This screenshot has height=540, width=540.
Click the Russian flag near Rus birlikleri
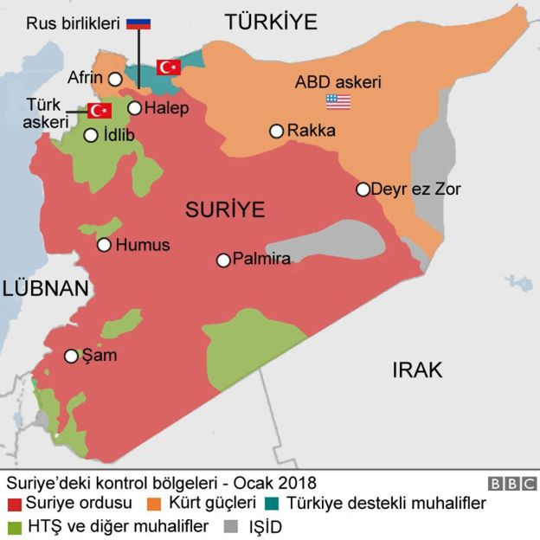pos(138,23)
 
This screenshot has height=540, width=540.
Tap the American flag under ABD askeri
pos(337,102)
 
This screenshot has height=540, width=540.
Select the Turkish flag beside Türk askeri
pos(100,111)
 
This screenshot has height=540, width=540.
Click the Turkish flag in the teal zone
pos(168,67)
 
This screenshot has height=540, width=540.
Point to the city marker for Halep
pos(134,108)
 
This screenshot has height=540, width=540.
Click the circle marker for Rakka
pos(276,132)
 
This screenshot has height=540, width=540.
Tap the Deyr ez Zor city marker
pos(363,189)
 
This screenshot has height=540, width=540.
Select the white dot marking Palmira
pos(223,260)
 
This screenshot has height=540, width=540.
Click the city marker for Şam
pos(72,356)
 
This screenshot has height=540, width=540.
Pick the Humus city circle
pos(105,245)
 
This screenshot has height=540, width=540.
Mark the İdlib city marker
pos(91,135)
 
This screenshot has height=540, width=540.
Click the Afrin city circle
pos(115,79)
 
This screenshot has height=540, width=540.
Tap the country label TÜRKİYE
pos(271,22)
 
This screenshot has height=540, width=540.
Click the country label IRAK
pos(417,370)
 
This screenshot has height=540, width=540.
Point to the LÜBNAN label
pos(45,288)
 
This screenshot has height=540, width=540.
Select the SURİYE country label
pos(224,209)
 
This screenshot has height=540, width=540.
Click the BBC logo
pos(512,484)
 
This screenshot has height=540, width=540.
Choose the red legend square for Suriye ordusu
pos(14,503)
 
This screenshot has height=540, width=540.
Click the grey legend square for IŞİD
pos(230,526)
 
